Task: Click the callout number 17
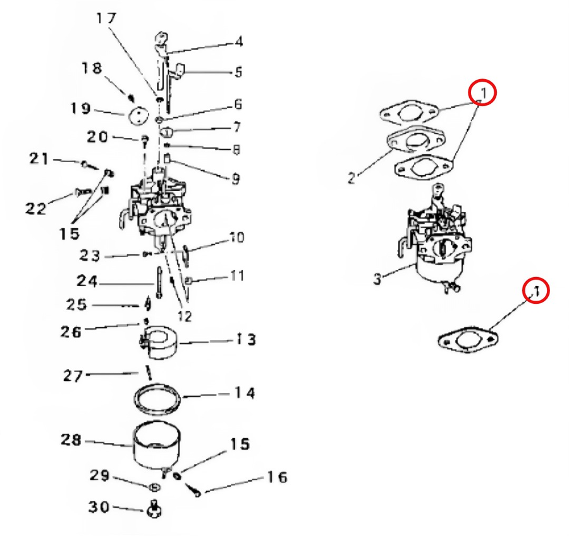click(x=106, y=18)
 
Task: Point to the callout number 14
click(x=244, y=393)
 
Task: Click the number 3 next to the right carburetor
click(x=377, y=278)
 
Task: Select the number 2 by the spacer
click(x=352, y=178)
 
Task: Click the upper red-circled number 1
click(x=483, y=94)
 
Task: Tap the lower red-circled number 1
click(x=535, y=290)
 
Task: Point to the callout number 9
click(x=235, y=179)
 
